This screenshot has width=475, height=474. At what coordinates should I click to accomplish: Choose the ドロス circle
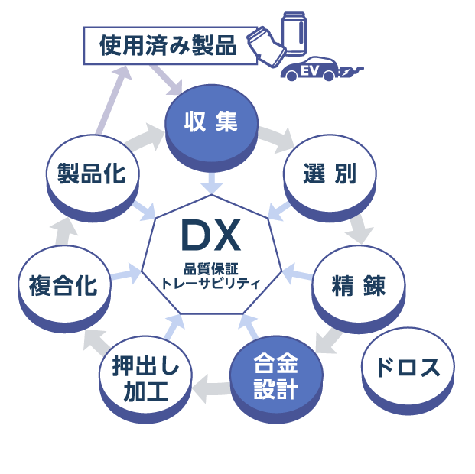click(407, 368)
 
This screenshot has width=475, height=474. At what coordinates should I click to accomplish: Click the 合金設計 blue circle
click(275, 377)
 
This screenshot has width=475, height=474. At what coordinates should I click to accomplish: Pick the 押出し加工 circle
click(145, 379)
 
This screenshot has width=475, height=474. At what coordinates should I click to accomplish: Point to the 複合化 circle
click(63, 286)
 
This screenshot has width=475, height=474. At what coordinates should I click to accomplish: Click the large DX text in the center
click(211, 237)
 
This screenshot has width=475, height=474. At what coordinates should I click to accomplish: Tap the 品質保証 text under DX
click(211, 268)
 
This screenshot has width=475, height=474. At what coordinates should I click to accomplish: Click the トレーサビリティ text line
click(211, 283)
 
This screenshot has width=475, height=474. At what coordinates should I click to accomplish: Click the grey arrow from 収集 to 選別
click(276, 138)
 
